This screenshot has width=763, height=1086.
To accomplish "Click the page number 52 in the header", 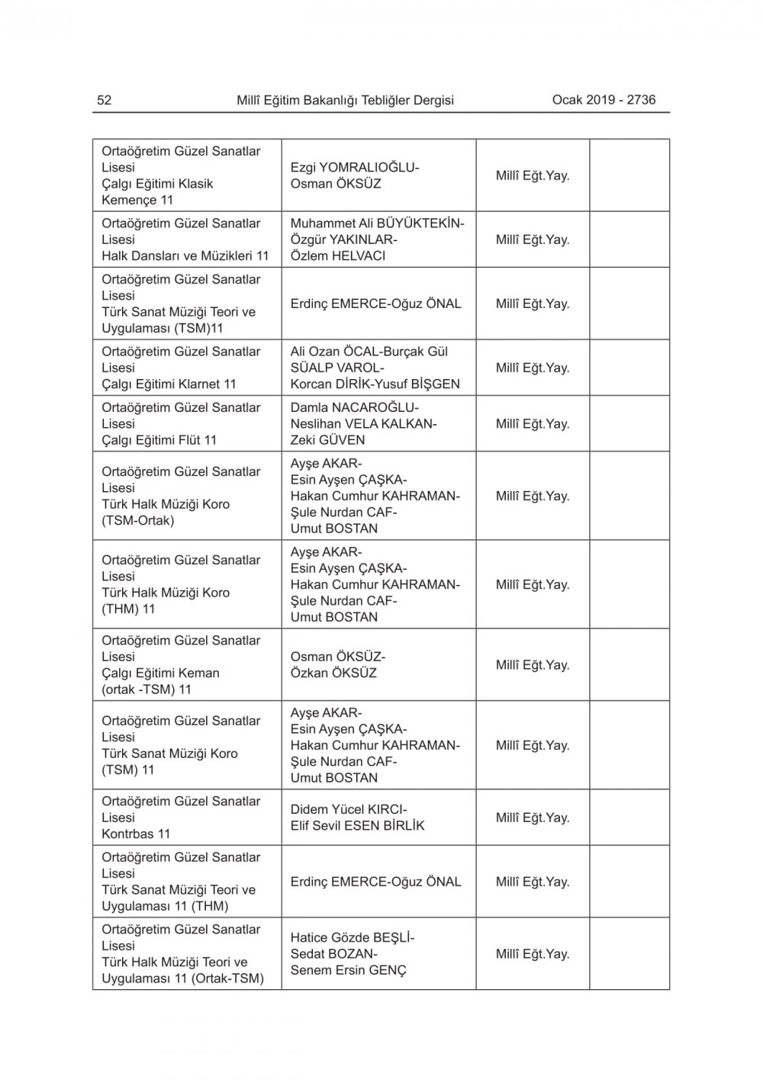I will coord(105,100).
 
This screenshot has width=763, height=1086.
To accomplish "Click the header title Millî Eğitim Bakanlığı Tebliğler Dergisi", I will coord(345,100).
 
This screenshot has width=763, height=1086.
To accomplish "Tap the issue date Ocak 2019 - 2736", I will coord(604,99).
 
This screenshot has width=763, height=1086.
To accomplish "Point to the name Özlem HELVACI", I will coord(337,255).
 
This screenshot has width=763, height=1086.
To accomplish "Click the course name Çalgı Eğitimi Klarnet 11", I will coord(169,384).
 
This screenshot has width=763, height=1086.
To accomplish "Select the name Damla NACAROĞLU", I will coord(353,407).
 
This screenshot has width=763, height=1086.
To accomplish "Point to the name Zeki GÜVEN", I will coord(327,439).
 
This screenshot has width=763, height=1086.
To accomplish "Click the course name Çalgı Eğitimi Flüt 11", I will coord(159,439).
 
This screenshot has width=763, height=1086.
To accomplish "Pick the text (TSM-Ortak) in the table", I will coord(137,520).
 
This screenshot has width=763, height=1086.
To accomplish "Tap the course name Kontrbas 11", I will coord(136,834).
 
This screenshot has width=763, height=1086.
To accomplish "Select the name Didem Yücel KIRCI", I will coord(347,809).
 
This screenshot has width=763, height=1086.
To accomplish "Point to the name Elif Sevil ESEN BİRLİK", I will coord(357,825).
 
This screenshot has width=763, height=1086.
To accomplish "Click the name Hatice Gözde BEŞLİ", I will coord(351,938).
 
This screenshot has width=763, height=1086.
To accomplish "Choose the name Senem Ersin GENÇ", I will coord(348,970).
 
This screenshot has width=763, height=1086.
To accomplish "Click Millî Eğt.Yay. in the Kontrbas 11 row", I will coord(533,818).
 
